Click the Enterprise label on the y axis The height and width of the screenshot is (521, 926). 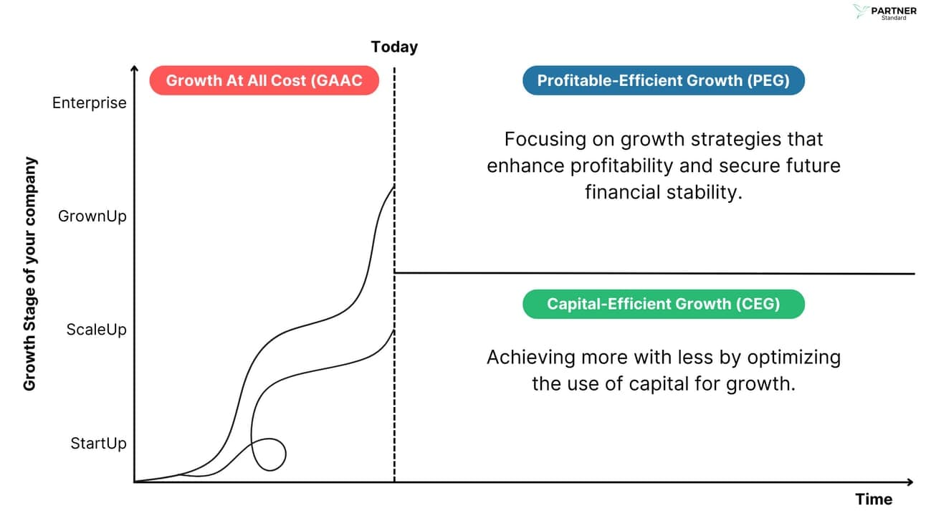(x=89, y=102)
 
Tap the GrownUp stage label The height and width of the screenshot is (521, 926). (x=92, y=216)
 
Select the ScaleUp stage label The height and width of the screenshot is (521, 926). (x=96, y=330)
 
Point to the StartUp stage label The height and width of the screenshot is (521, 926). (x=98, y=443)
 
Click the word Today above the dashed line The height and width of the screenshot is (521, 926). (x=394, y=47)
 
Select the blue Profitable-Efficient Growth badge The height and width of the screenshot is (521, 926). (x=663, y=80)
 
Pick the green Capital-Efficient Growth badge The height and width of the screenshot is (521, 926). (x=663, y=304)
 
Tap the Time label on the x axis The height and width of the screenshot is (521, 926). (x=874, y=500)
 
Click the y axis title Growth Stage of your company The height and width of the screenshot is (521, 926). (x=29, y=274)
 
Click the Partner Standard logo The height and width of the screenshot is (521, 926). (x=884, y=12)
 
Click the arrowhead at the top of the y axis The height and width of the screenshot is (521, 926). (x=134, y=69)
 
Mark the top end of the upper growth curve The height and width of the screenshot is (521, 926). (x=393, y=186)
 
